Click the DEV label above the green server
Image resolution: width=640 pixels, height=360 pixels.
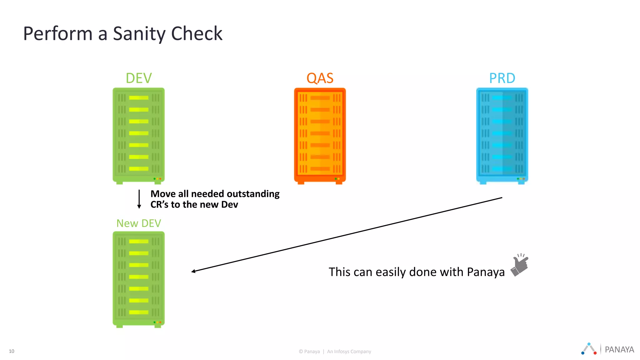click(x=138, y=78)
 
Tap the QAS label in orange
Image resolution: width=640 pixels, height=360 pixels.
click(x=320, y=78)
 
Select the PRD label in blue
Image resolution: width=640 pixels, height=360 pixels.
click(x=502, y=78)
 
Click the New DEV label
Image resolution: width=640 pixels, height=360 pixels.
click(x=138, y=223)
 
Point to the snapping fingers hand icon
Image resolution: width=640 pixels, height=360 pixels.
click(x=519, y=265)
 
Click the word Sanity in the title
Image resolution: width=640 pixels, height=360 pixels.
click(x=139, y=34)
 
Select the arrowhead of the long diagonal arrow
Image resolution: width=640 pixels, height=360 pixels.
click(x=193, y=271)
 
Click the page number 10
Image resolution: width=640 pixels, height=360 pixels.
click(x=12, y=351)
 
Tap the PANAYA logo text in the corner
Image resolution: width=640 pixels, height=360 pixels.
click(x=619, y=349)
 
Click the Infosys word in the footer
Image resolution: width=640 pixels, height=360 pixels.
click(x=341, y=352)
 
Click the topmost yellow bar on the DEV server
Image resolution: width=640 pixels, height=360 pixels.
click(x=138, y=98)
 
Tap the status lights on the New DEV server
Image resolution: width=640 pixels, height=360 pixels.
click(x=157, y=322)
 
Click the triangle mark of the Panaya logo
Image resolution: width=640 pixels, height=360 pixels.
click(x=589, y=349)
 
